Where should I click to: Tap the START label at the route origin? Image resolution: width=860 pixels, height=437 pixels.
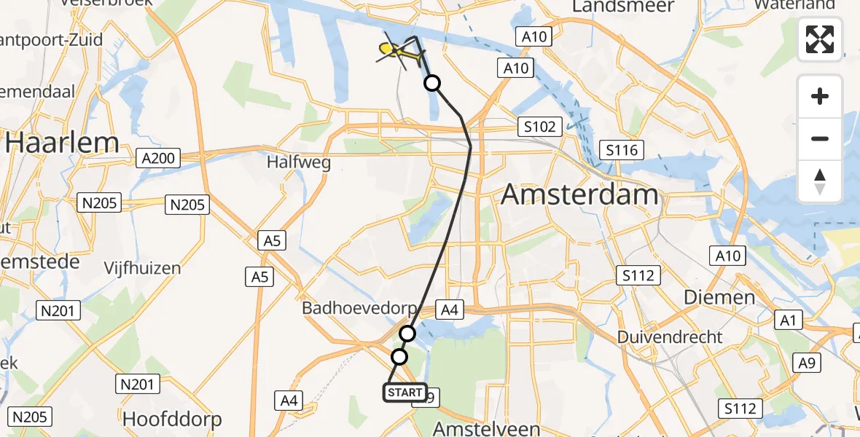pyautogui.click(x=404, y=393)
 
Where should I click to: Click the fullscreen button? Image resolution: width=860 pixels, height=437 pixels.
pyautogui.click(x=820, y=39)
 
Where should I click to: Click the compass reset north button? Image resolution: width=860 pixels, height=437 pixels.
pyautogui.click(x=820, y=181)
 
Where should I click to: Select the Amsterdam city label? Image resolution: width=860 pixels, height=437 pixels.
pyautogui.click(x=580, y=195)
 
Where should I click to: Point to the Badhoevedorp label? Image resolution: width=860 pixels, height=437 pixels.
pyautogui.click(x=359, y=309)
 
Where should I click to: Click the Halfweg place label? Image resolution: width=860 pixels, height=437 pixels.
pyautogui.click(x=299, y=162)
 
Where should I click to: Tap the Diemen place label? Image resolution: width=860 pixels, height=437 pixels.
pyautogui.click(x=719, y=297)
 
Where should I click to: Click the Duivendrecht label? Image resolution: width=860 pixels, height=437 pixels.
pyautogui.click(x=670, y=337)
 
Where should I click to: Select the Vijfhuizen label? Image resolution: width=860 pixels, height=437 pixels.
pyautogui.click(x=142, y=268)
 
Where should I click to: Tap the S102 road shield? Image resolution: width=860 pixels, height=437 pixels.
pyautogui.click(x=540, y=127)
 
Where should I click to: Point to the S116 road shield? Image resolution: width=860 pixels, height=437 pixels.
pyautogui.click(x=621, y=151)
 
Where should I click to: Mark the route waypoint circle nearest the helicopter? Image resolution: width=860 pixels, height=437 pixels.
pyautogui.click(x=432, y=83)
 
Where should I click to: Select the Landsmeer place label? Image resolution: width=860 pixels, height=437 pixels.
pyautogui.click(x=633, y=7)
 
